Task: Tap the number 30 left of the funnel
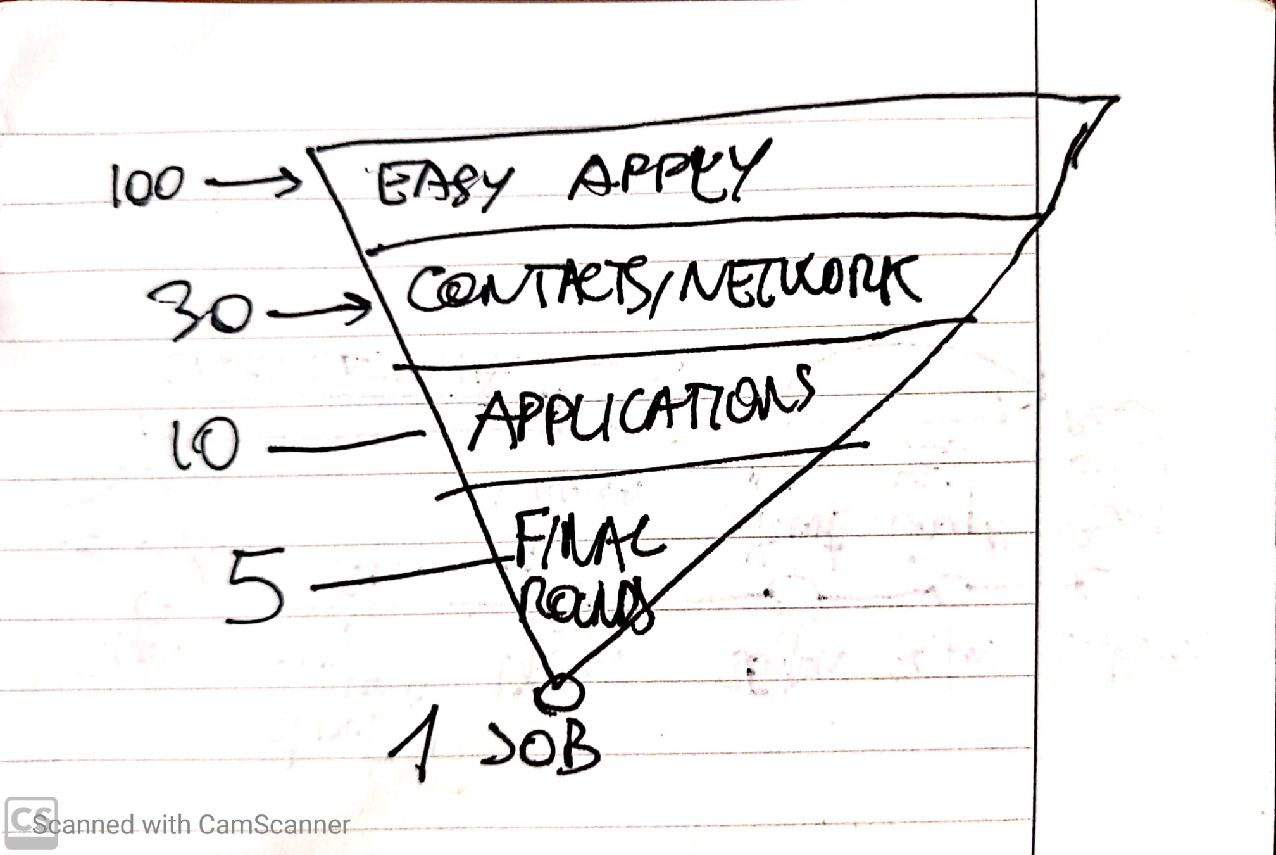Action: point(201,311)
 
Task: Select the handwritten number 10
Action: point(204,445)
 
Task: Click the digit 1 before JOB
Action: point(418,742)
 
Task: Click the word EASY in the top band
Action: point(443,184)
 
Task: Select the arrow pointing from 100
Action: point(253,182)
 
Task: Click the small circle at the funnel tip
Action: point(558,692)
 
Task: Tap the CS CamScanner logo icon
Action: point(31,822)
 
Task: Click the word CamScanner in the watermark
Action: point(273,825)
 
